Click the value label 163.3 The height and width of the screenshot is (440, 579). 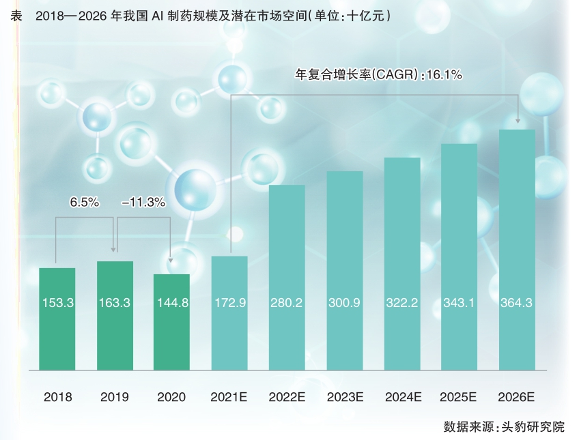[114, 302]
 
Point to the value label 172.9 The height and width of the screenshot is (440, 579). [229, 302]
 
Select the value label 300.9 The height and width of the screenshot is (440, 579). [344, 302]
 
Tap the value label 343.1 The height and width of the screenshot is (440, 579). [459, 302]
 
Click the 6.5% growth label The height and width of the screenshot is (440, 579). [85, 203]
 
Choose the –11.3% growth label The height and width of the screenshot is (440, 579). [143, 203]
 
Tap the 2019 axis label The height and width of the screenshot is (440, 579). [114, 396]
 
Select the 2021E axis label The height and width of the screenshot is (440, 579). [229, 396]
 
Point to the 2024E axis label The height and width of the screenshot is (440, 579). [402, 396]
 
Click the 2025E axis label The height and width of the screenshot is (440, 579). [459, 396]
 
